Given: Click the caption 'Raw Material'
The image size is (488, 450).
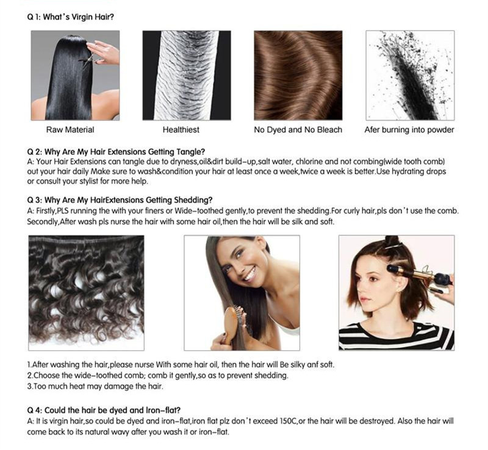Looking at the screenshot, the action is click(70, 129).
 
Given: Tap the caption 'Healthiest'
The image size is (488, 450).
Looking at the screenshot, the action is click(181, 129).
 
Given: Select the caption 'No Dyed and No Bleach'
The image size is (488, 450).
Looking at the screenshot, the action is click(298, 129).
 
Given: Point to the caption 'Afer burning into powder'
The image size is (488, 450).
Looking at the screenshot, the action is click(409, 129).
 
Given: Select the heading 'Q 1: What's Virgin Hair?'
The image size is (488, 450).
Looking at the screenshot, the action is click(71, 17).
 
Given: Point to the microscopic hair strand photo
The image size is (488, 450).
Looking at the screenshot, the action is click(187, 76).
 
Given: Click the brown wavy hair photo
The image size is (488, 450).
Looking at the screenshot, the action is click(298, 76).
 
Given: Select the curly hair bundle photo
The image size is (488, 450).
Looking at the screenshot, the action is click(86, 293).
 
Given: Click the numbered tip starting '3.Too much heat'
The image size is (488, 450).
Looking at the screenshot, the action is click(95, 386).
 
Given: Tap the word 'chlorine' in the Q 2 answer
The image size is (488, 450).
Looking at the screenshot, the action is click(309, 162).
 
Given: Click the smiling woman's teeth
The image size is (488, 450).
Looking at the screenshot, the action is click(250, 274).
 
